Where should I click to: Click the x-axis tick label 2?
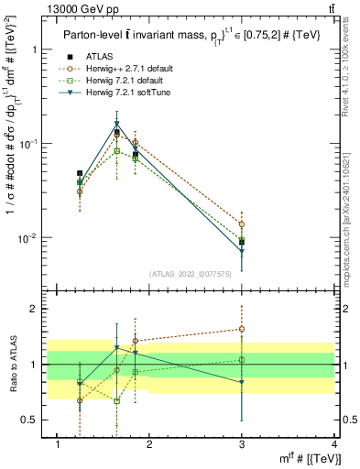(x=149, y=444)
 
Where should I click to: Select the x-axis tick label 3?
(x=242, y=444)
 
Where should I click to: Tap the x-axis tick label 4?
(x=333, y=444)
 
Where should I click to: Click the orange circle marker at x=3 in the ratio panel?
(x=242, y=329)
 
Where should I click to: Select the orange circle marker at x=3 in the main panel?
(x=242, y=224)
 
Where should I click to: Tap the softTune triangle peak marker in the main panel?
(x=116, y=124)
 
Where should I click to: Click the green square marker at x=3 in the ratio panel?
(x=242, y=360)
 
